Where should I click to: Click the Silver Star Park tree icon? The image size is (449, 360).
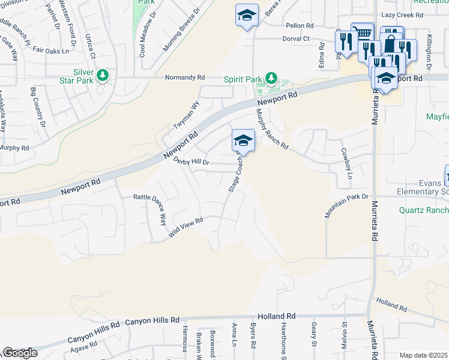coord(103,75)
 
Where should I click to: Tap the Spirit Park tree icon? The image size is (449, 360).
coord(271,78)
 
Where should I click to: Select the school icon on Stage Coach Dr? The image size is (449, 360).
coord(243,141)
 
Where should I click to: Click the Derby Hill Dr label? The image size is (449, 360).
coord(191,161)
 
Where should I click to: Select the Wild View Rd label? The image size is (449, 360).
coord(186,227)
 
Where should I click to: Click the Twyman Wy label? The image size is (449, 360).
coord(186,114)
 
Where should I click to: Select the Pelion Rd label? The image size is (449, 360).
coord(300,26)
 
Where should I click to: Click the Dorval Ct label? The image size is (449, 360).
coord(296,38)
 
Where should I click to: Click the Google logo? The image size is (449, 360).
coord(19,353)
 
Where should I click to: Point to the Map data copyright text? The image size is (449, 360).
coord(424,355)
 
